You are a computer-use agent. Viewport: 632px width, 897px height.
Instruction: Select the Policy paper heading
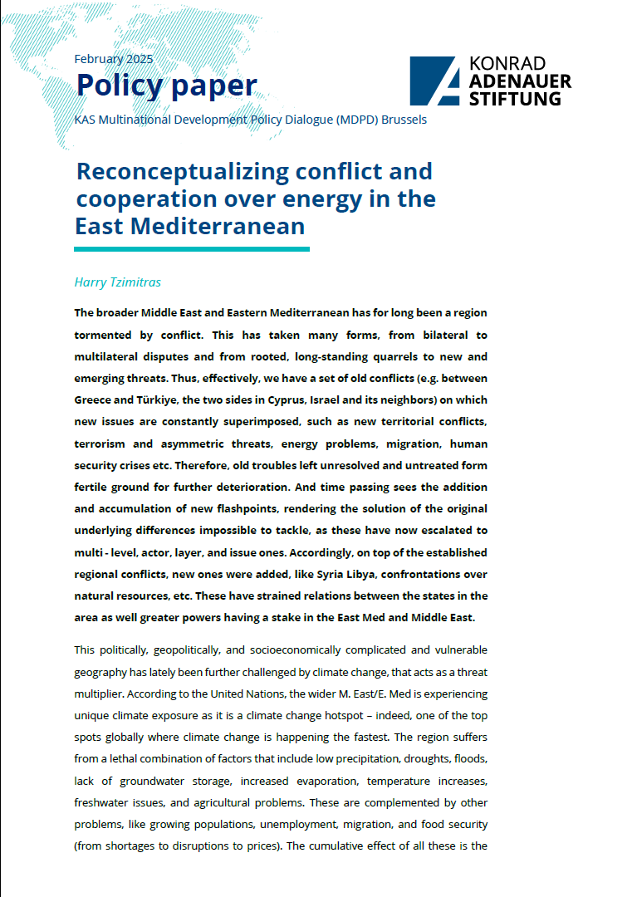(166, 86)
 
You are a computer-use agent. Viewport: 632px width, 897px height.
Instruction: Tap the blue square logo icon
(434, 81)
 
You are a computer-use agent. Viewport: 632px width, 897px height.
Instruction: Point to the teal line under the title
(191, 248)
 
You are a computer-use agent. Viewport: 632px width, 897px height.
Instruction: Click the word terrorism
(102, 443)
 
